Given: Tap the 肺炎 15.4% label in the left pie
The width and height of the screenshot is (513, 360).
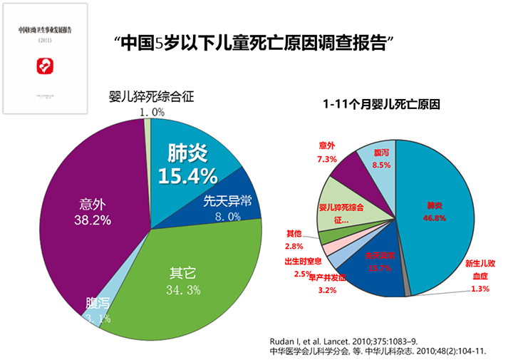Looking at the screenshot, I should click(x=187, y=164).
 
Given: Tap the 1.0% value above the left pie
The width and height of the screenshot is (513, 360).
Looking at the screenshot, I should click(x=151, y=112).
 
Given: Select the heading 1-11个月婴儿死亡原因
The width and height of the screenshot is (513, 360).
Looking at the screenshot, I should click(x=381, y=103).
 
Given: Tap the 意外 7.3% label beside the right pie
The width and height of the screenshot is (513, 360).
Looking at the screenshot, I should click(x=326, y=153).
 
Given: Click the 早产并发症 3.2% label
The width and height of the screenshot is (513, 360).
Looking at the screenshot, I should click(x=325, y=284).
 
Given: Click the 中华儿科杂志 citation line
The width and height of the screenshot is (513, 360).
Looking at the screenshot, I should click(x=378, y=351).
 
